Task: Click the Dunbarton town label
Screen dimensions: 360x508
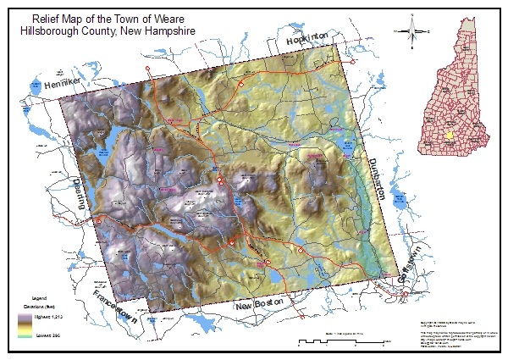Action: [x=378, y=177]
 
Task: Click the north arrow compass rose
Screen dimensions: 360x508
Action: [x=414, y=32]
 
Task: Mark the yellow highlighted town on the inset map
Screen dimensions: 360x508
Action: [x=448, y=136]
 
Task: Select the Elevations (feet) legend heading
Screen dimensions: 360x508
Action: [x=38, y=305]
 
